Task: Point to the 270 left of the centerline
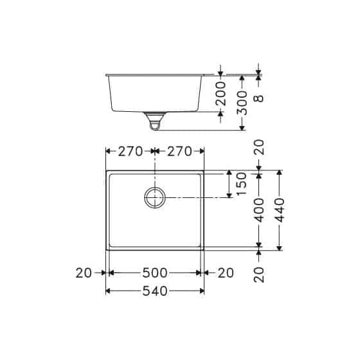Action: click(130, 152)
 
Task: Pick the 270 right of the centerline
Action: click(179, 152)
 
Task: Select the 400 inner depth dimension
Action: click(258, 210)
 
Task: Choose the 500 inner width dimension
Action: click(155, 273)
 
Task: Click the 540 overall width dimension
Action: click(155, 291)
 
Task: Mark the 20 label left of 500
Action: click(84, 273)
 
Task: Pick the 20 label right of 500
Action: click(225, 273)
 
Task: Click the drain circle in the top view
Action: click(155, 198)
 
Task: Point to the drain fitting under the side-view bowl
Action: click(155, 120)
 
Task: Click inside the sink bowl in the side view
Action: click(155, 94)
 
